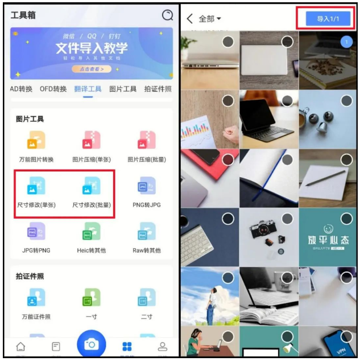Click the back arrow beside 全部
point(190,19)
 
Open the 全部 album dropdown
point(210,19)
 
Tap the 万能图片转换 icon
point(36,140)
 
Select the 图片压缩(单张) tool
point(91,140)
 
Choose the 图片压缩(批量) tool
point(146,140)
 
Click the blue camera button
point(91,344)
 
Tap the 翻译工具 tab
point(88,89)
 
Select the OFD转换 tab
point(53,89)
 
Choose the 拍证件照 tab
point(158,89)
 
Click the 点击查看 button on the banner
point(91,69)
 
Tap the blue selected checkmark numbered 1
point(346,42)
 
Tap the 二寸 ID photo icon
point(146,298)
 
